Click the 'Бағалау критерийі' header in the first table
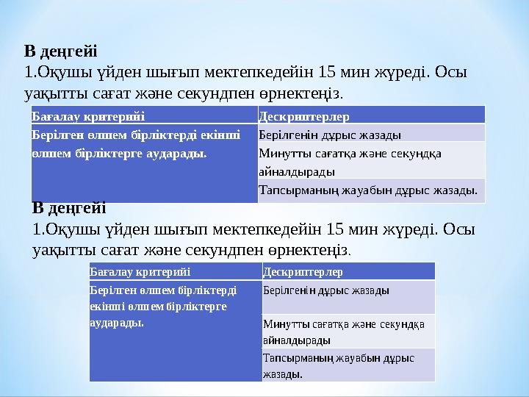point(88,116)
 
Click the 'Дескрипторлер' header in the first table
point(304,116)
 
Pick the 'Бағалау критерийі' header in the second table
point(140,272)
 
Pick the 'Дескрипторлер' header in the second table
point(302,272)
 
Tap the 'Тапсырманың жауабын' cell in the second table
point(340,365)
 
